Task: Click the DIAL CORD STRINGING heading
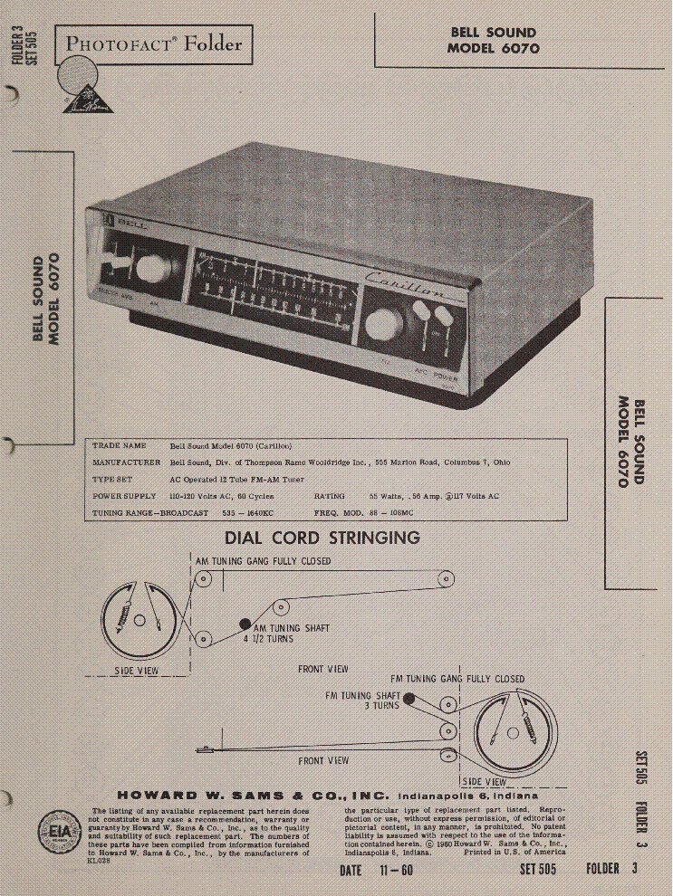tap(322, 538)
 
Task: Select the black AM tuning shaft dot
tap(245, 624)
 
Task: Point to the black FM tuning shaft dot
tap(409, 698)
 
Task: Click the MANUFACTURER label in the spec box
tap(126, 462)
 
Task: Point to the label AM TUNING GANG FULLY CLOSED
tap(264, 561)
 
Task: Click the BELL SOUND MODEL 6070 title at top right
tap(493, 41)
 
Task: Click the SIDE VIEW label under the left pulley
tap(137, 671)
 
